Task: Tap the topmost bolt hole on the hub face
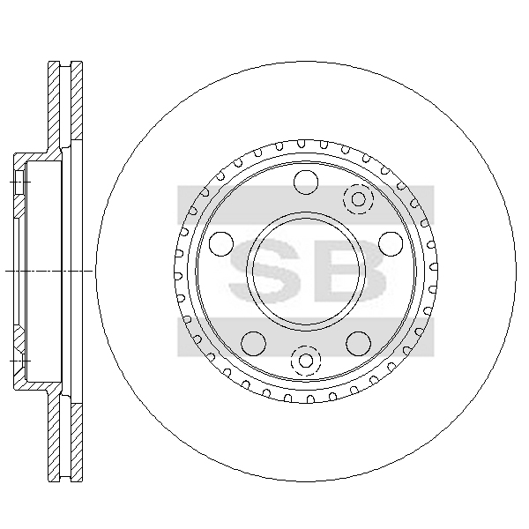tap(306, 183)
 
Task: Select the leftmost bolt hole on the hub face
tap(221, 244)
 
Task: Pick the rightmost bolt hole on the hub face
tap(391, 244)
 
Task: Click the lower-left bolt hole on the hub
tap(254, 344)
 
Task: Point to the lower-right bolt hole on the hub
tap(358, 344)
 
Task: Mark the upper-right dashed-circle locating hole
tap(358, 199)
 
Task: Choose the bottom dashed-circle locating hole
tap(306, 361)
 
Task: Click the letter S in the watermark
tap(264, 270)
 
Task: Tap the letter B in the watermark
tap(350, 270)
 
